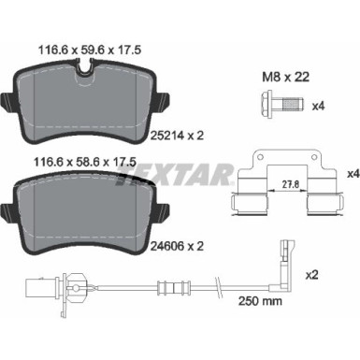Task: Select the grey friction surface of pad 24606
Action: coord(91,213)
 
